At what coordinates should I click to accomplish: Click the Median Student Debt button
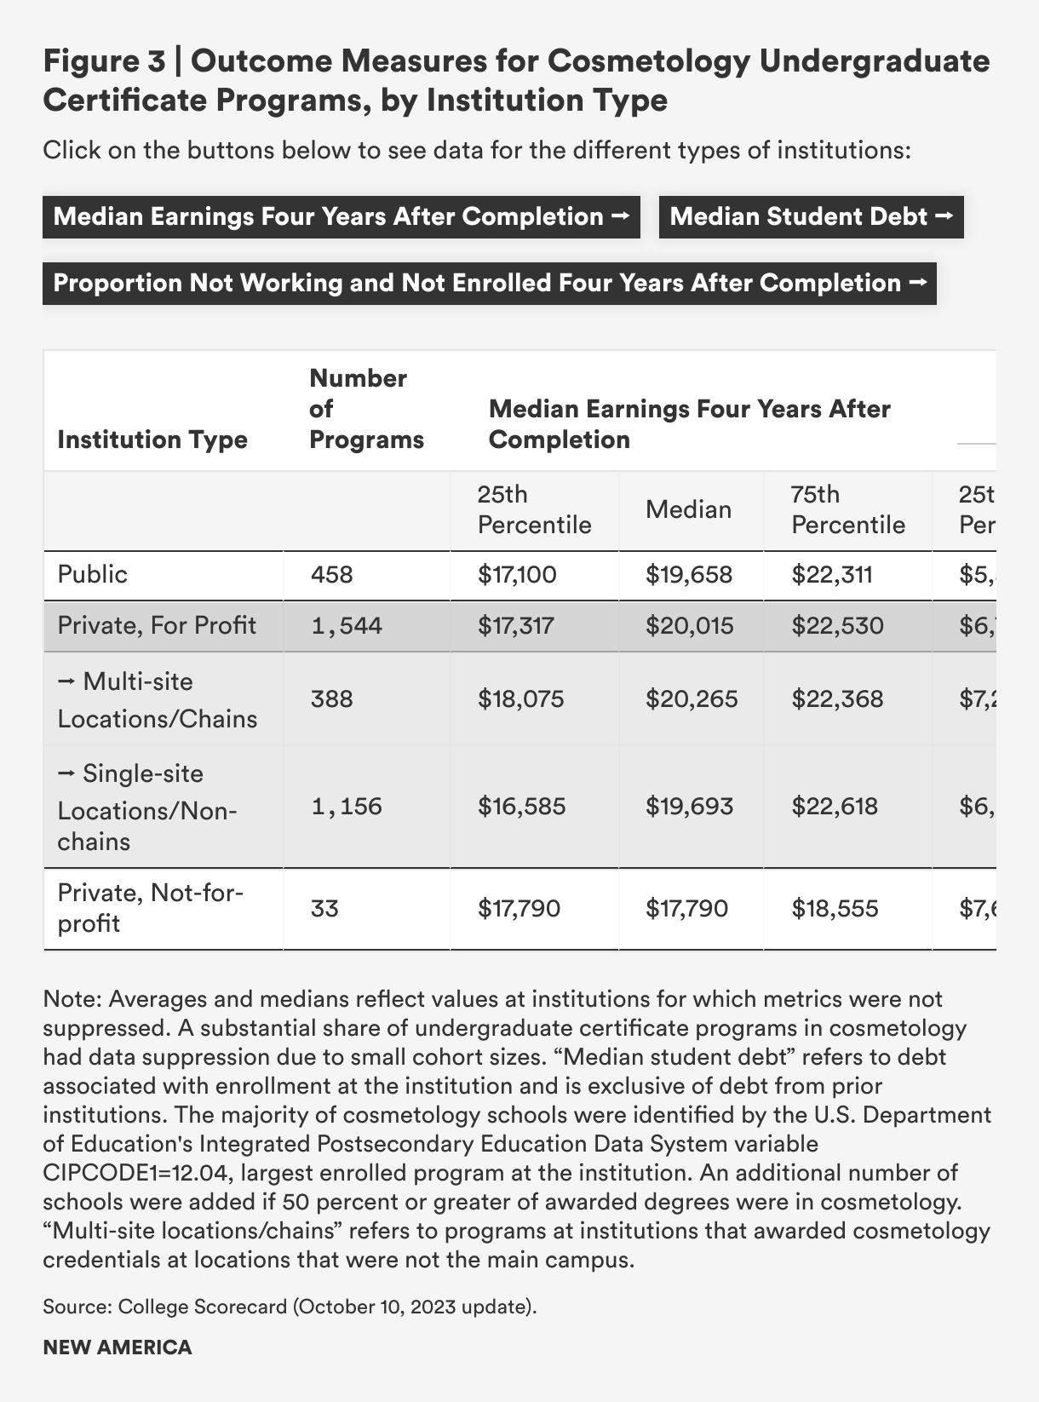point(811,216)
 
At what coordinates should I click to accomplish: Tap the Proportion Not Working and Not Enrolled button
point(489,283)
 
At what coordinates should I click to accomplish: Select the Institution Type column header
point(152,440)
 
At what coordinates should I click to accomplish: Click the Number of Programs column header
point(366,409)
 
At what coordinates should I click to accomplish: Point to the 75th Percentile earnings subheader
point(847,509)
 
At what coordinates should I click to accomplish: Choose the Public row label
point(93,574)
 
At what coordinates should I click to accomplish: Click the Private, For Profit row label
point(157,625)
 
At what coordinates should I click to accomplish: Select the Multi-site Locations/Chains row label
point(157,699)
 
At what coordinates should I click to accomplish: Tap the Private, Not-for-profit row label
point(150,908)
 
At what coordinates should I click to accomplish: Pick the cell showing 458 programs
point(331,575)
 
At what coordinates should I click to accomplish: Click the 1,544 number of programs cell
point(347,626)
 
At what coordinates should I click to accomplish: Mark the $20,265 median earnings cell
point(692,699)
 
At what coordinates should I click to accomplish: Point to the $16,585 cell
point(521,806)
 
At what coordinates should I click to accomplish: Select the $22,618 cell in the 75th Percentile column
point(835,806)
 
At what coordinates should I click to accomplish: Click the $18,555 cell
point(835,909)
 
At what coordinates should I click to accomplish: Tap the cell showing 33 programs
point(324,909)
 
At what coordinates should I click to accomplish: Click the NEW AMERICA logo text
point(118,1347)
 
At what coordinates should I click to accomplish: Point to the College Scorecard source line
point(290,1306)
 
